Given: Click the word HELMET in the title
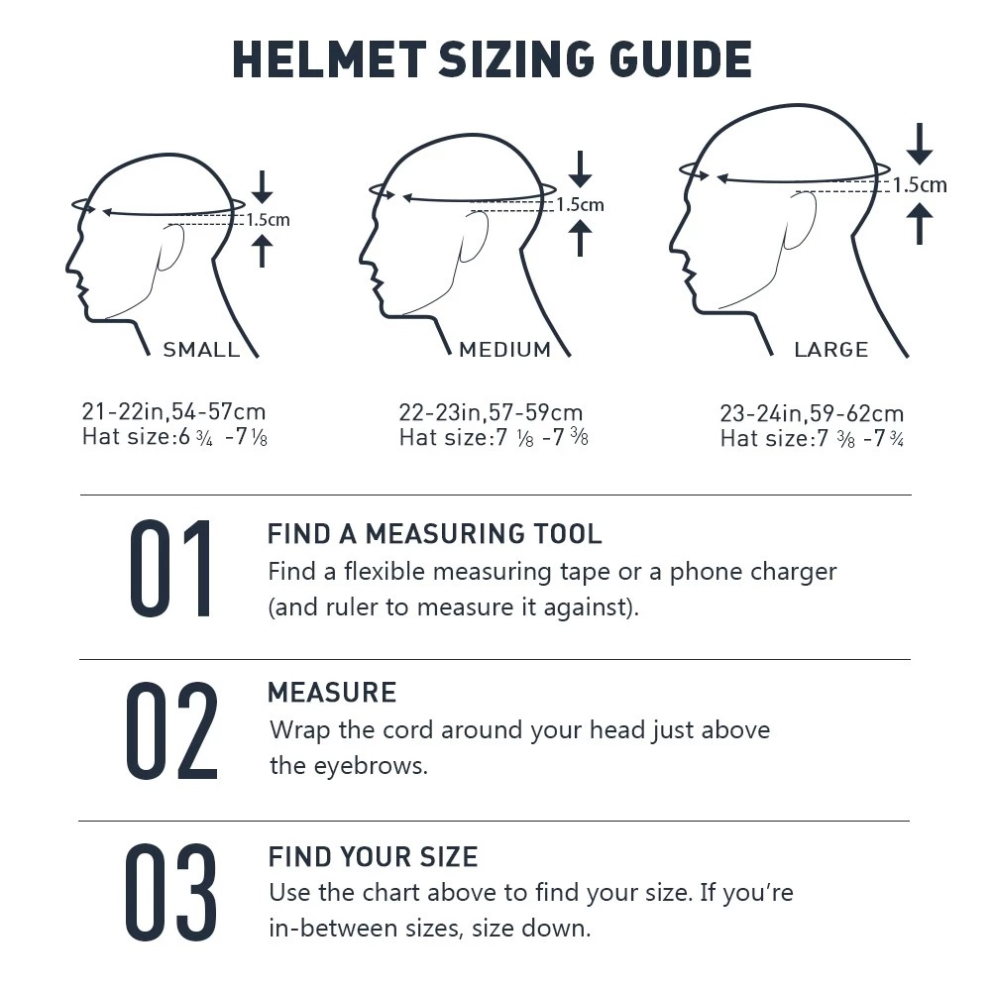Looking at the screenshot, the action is coord(329,59).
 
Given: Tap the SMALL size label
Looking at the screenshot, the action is coord(201,350).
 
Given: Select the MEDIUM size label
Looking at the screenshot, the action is coord(505,350).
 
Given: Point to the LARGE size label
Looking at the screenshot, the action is coord(831,350).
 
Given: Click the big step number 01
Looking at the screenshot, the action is coord(170,568).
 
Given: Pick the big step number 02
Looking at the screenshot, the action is coord(171,730).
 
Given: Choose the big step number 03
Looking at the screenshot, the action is coord(170,892).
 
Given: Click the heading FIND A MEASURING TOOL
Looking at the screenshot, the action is coord(434,534).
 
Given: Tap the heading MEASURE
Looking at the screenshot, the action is coord(332,693).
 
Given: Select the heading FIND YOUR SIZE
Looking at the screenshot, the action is coord(373,857).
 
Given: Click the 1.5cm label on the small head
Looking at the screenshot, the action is coord(268,220).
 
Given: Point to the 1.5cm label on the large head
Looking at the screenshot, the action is coord(920,184).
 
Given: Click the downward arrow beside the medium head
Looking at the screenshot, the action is coord(580,169).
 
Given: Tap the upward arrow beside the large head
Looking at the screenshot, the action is coord(920,223).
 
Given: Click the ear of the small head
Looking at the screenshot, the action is coord(170,247).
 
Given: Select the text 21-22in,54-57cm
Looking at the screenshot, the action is coord(173,411).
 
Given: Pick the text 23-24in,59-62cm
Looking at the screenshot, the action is coord(812,413).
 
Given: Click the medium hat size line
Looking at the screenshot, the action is coord(494,437).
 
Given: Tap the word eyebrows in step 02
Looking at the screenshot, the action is coord(371,767).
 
